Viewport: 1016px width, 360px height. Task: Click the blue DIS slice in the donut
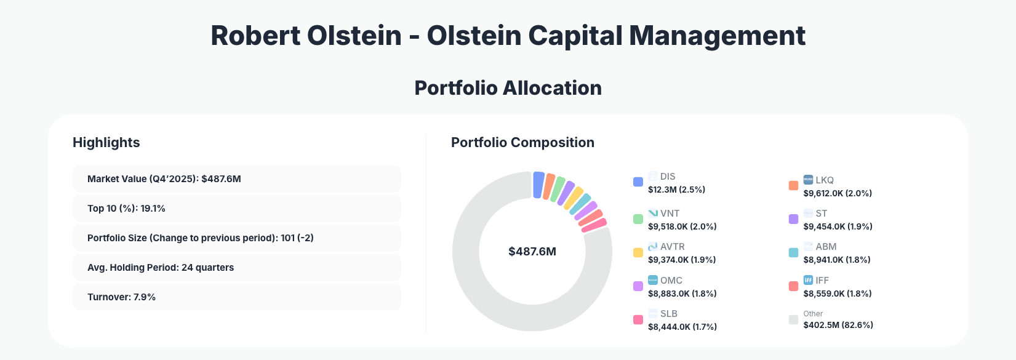click(x=538, y=185)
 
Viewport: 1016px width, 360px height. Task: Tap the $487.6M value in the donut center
click(x=532, y=252)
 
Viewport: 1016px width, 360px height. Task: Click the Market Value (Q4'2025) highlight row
click(x=236, y=179)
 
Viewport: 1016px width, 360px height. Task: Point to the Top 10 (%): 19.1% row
click(x=236, y=209)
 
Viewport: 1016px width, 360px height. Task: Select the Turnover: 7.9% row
click(x=236, y=297)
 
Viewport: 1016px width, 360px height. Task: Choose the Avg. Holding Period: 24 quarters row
click(x=236, y=268)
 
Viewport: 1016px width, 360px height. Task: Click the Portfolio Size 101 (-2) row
click(x=236, y=238)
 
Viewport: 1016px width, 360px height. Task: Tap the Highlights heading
click(x=106, y=143)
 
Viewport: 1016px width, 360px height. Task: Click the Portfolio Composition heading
click(x=522, y=143)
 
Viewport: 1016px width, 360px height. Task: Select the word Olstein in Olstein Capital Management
click(x=474, y=36)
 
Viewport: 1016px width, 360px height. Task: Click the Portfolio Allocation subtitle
click(x=508, y=88)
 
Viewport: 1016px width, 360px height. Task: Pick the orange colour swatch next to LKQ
click(x=793, y=186)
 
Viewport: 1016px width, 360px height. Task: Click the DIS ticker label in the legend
click(x=668, y=177)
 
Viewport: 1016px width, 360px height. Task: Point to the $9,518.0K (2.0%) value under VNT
click(x=682, y=226)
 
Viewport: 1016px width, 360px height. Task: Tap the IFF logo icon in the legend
click(x=808, y=280)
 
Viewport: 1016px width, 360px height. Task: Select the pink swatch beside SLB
click(x=638, y=320)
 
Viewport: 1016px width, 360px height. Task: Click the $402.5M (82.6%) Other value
click(x=838, y=325)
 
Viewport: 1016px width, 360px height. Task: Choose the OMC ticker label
click(x=671, y=280)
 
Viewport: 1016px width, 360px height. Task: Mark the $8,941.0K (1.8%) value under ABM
click(x=837, y=260)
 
